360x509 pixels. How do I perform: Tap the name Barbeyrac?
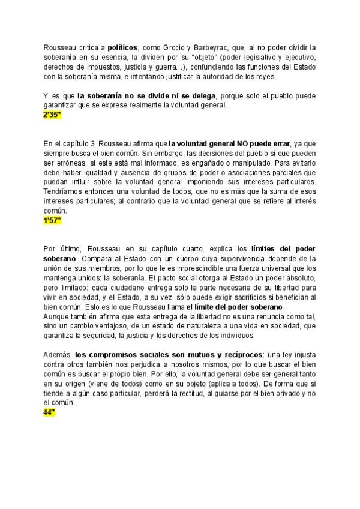coord(211,47)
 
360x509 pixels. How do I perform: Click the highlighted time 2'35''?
coord(52,115)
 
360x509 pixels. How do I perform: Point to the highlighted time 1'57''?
coord(52,221)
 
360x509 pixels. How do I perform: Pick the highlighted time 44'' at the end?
coord(49,413)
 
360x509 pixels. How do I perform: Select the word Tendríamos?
coord(62,182)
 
